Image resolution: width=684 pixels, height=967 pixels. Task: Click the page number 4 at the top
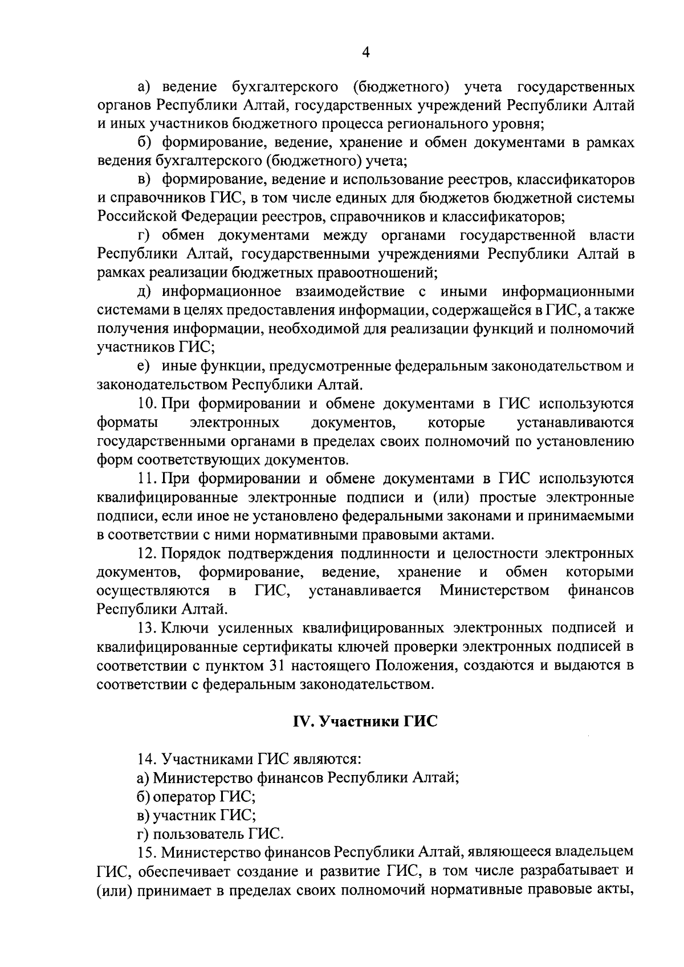tap(366, 52)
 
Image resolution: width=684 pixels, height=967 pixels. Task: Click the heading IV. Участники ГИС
tap(365, 721)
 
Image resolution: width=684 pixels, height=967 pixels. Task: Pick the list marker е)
tap(144, 366)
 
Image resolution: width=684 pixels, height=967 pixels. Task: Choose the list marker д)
tap(144, 292)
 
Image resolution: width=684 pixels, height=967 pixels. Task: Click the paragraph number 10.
tap(147, 404)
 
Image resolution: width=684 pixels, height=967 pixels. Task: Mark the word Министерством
tap(495, 590)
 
